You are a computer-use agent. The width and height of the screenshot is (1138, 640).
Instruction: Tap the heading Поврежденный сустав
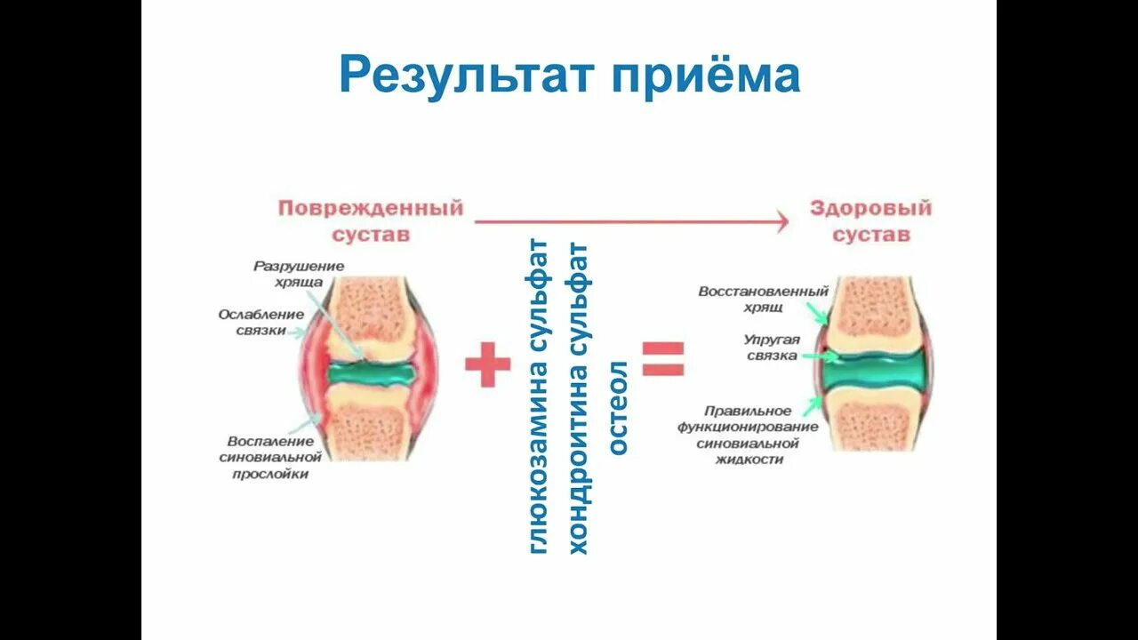tap(371, 221)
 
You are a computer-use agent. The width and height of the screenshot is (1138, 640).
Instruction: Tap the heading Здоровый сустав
tap(870, 221)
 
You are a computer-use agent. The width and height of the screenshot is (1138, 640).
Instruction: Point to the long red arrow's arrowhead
tap(780, 221)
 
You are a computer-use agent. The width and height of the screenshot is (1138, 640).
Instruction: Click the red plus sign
tap(488, 364)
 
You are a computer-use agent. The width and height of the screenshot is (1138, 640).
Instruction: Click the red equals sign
tap(663, 359)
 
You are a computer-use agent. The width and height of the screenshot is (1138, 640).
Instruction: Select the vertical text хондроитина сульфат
tap(580, 396)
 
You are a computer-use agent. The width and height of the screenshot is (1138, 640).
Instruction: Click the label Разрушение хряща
tap(299, 274)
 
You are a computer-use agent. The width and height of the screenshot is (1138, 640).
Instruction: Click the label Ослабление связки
tap(261, 322)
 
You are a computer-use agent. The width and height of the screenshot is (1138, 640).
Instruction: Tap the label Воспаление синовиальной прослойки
tap(268, 457)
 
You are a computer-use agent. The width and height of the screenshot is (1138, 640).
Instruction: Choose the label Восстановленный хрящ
tap(764, 299)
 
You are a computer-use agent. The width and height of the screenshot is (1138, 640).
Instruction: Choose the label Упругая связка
tap(772, 348)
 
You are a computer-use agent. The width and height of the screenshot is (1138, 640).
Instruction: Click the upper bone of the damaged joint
tap(367, 308)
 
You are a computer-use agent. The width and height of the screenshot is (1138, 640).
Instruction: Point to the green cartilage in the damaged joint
tap(371, 373)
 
